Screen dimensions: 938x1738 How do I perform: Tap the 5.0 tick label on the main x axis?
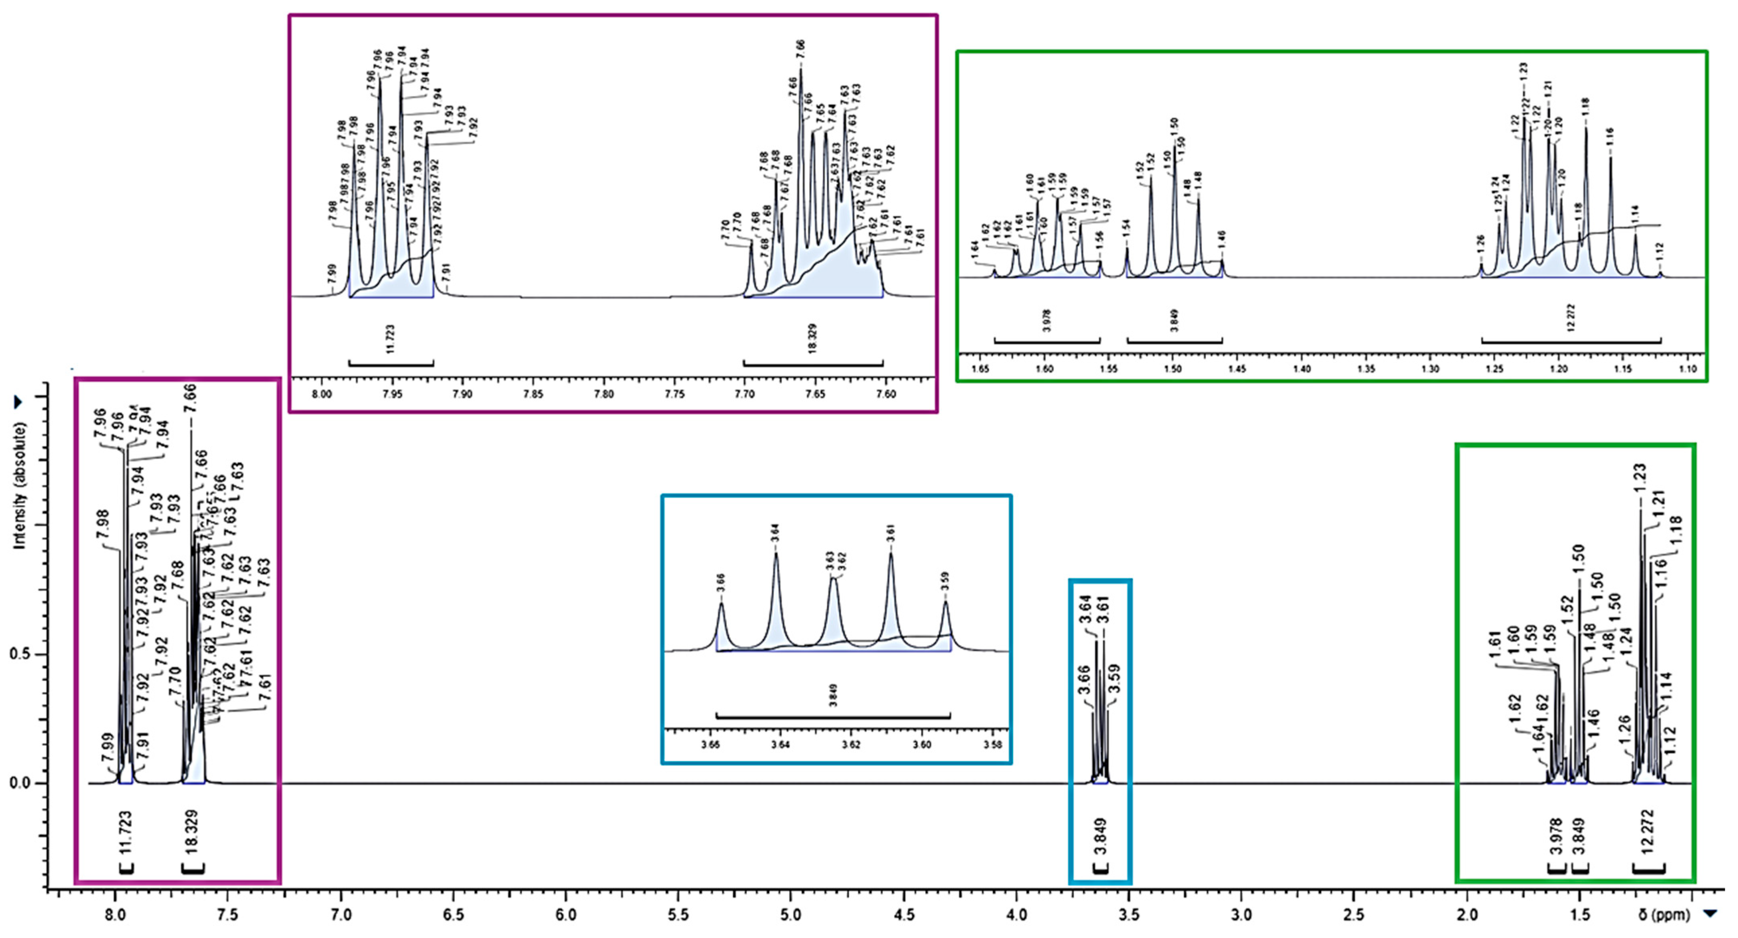pos(791,916)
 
